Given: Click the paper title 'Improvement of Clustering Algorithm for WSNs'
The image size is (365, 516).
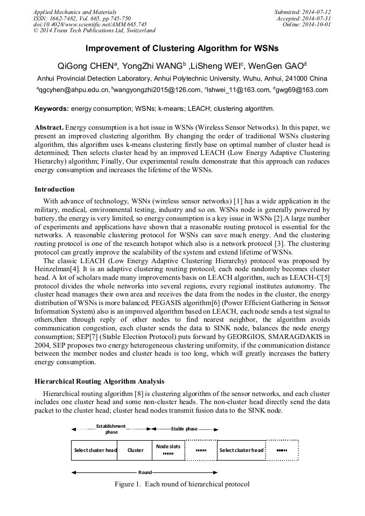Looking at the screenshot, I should click(182, 48).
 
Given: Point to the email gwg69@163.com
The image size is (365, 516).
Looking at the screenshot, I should click(302, 90).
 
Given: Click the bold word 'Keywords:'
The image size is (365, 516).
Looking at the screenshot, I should click(51, 109).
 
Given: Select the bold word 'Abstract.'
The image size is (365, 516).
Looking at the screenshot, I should click(49, 128).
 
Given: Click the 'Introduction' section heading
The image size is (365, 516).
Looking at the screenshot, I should click(54, 189).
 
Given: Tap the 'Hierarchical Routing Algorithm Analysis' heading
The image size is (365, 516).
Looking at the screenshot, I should click(99, 381).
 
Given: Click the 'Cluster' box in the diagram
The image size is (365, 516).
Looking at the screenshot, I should click(135, 450).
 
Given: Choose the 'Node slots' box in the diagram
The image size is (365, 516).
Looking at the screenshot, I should click(168, 447).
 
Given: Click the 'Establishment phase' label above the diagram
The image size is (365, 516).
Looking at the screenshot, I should click(111, 429).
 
